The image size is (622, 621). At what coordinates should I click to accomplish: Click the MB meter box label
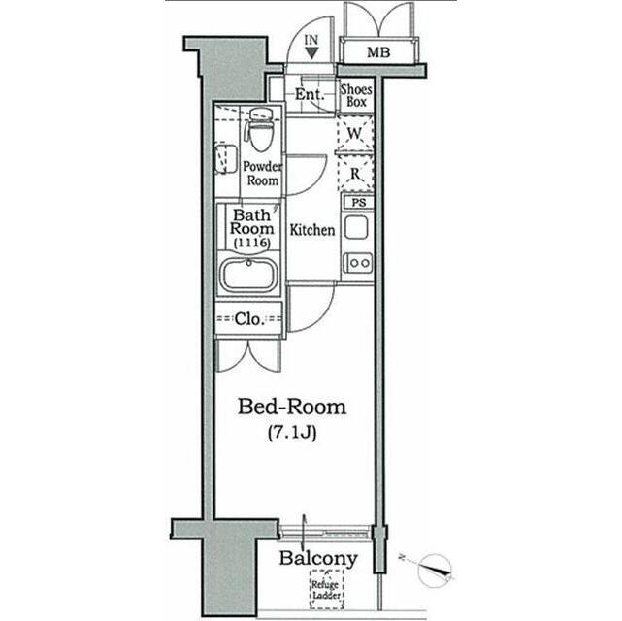coord(378,51)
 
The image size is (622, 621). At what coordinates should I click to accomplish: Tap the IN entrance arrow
coord(311,51)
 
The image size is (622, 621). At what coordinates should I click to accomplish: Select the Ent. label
coord(309,95)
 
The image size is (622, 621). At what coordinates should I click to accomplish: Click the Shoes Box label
coord(356,95)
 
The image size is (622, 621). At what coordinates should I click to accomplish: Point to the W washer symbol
coord(355,134)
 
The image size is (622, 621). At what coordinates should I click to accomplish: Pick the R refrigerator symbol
coord(355,174)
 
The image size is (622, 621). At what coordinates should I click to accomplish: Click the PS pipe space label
coord(357,203)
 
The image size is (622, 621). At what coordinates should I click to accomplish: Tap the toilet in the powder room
coord(260,130)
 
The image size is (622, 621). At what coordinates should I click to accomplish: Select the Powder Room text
coord(261,173)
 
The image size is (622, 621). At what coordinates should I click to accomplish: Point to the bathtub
coord(249,275)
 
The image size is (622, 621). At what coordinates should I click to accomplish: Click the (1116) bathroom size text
coord(250,242)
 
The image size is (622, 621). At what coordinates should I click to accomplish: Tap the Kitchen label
coord(312,231)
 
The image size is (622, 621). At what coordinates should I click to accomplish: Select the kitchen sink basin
coord(356,229)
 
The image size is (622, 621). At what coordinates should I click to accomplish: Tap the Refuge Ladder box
coord(326,588)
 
